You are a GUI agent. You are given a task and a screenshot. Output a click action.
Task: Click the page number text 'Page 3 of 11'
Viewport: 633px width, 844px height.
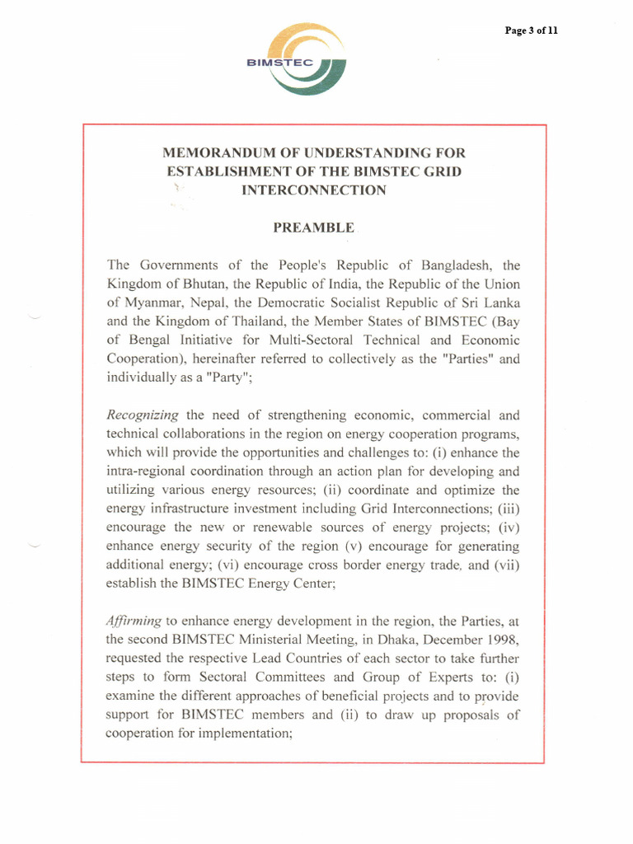[532, 30]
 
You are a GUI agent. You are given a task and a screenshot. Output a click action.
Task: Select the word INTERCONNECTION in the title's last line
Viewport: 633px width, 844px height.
[313, 190]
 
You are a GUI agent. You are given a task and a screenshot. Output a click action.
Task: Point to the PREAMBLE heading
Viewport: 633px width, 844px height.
[313, 227]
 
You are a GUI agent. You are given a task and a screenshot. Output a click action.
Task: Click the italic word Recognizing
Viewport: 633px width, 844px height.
[142, 415]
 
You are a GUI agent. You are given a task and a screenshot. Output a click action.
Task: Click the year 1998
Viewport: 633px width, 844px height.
[503, 640]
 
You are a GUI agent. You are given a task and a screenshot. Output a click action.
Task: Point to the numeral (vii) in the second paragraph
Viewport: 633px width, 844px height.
[504, 565]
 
